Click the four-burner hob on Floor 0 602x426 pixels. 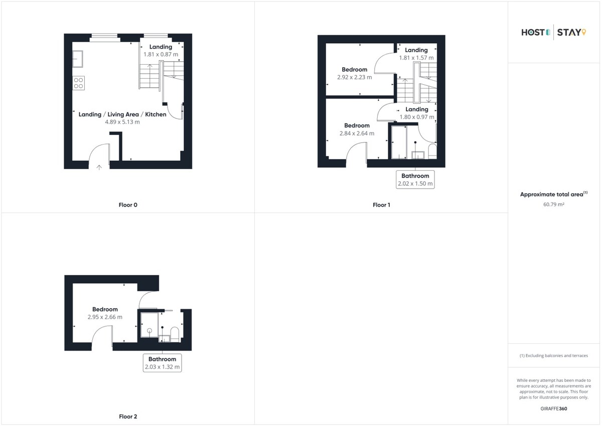click(x=78, y=83)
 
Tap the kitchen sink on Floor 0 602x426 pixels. click(x=78, y=59)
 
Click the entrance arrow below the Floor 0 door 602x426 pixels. click(x=99, y=168)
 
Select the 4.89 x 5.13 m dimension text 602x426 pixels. click(x=122, y=122)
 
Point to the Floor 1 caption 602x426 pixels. click(x=381, y=205)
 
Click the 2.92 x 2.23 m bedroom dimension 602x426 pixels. click(x=355, y=77)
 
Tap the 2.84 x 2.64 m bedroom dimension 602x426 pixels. click(x=357, y=133)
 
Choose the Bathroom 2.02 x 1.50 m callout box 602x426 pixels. click(x=415, y=180)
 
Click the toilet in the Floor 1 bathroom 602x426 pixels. click(x=432, y=152)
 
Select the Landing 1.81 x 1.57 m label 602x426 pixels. click(x=416, y=54)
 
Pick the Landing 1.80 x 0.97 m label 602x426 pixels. click(x=417, y=113)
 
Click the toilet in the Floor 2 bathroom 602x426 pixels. click(x=175, y=334)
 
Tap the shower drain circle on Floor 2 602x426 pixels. click(x=149, y=331)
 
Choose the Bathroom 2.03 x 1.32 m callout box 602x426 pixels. click(x=163, y=363)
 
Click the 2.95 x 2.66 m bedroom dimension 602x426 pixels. click(x=105, y=317)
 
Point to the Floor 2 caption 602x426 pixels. click(x=128, y=416)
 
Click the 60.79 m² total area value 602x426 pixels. click(x=554, y=205)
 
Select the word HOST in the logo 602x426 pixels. click(x=533, y=33)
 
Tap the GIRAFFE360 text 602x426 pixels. click(x=554, y=409)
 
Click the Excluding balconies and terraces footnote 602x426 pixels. click(x=554, y=356)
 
